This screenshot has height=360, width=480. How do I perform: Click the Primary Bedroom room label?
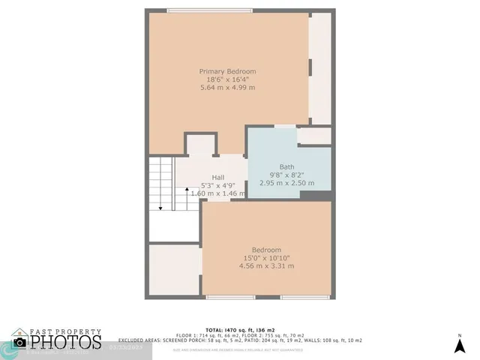point(227,71)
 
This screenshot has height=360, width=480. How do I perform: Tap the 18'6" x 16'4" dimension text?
point(227,79)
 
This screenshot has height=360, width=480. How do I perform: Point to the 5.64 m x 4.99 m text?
point(227,88)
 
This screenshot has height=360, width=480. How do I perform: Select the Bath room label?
point(286,166)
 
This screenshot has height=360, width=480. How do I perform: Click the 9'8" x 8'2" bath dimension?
point(286,175)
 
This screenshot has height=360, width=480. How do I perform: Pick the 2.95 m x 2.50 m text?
point(286,183)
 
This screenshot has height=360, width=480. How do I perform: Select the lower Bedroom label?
point(266,250)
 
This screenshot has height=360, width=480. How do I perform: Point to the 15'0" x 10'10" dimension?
point(266,258)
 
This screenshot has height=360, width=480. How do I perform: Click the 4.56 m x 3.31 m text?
point(266,266)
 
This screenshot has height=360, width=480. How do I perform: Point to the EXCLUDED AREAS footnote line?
point(239,340)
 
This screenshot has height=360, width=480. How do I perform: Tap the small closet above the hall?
point(200,144)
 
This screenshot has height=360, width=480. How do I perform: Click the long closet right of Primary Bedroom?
point(320,67)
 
